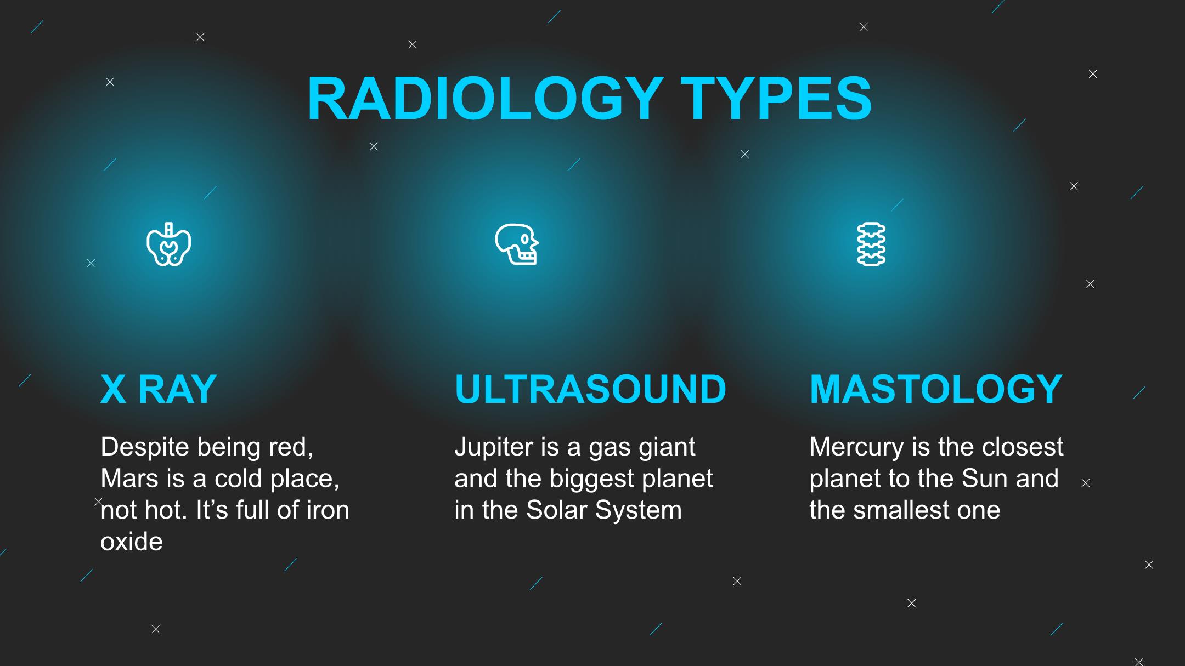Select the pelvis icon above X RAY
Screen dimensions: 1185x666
tap(169, 244)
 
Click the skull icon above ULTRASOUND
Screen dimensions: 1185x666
tap(517, 244)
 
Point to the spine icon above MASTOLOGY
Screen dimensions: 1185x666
tap(871, 244)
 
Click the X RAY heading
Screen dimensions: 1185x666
tap(159, 389)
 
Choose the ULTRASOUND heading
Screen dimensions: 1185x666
tap(590, 389)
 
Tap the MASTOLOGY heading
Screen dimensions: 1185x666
tap(936, 389)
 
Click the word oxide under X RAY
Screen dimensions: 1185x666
tap(132, 542)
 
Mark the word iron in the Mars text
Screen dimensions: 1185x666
tap(328, 510)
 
